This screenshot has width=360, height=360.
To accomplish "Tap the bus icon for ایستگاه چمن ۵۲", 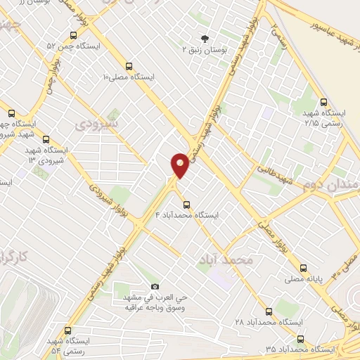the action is [x=73, y=36].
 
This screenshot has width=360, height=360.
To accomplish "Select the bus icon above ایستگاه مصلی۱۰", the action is [x=128, y=65].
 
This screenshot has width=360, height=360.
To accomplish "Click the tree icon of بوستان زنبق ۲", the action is [x=205, y=39].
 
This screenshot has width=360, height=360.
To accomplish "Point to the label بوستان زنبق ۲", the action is [x=205, y=50].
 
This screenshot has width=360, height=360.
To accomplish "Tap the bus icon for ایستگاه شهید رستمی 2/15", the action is [x=323, y=102].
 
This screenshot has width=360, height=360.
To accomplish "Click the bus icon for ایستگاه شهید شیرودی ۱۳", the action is [x=46, y=139].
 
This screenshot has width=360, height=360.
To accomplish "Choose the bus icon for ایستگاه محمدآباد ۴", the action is [x=186, y=205].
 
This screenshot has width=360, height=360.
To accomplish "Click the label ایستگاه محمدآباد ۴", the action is [x=186, y=215].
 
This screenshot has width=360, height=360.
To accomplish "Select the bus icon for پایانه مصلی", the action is [x=303, y=267].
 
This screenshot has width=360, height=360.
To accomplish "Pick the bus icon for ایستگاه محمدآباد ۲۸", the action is [x=269, y=311].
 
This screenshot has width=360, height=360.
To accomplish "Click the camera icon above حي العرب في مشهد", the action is [x=155, y=287].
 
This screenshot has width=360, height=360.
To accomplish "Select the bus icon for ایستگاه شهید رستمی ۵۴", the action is [x=67, y=330].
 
